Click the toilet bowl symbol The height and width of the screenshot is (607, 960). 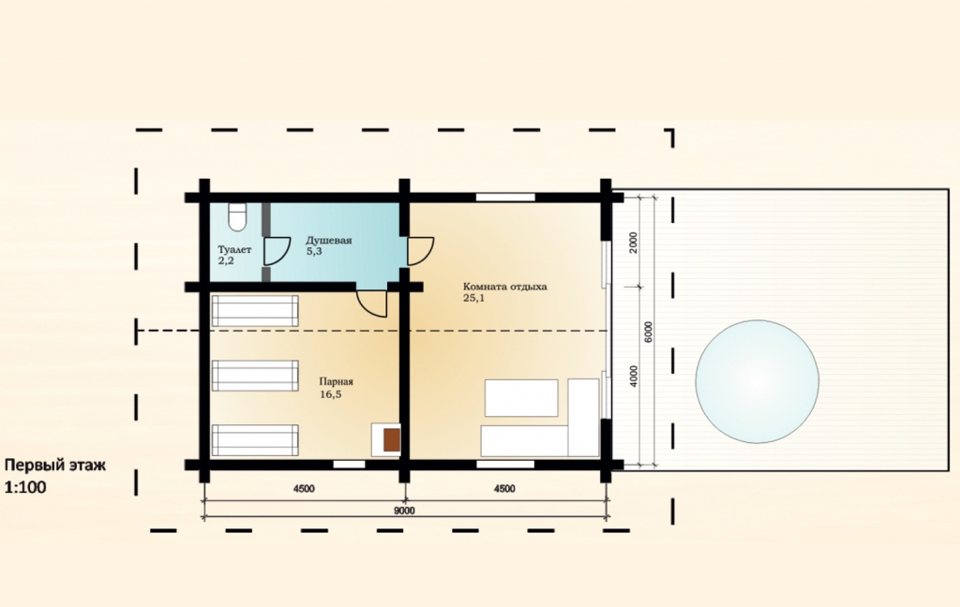click(237, 216)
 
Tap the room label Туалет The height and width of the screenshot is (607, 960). click(234, 250)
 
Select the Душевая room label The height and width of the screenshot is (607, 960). click(329, 240)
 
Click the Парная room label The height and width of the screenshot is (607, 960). click(337, 381)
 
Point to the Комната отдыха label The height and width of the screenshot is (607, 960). click(505, 287)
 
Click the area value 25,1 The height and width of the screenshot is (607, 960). click(473, 299)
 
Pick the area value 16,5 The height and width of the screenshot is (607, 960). click(330, 394)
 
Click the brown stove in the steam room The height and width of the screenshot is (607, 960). click(392, 440)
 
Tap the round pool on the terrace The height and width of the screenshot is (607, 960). click(757, 381)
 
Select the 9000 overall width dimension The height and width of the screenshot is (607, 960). click(404, 511)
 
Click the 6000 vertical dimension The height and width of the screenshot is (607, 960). click(649, 333)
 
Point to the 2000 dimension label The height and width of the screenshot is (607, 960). click(634, 243)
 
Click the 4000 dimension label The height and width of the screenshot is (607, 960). click(634, 377)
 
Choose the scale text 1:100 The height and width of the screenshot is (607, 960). click(25, 488)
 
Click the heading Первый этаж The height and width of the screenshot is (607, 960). click(55, 465)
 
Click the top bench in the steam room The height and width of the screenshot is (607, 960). click(255, 311)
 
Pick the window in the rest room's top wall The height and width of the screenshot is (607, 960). click(505, 197)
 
